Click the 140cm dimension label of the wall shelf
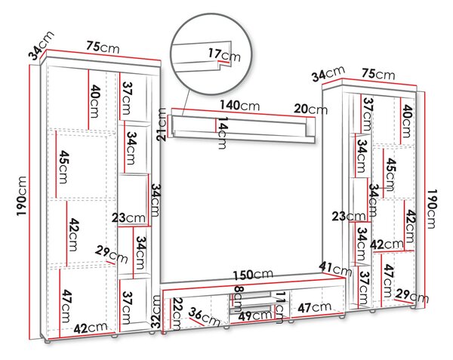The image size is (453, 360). [x=240, y=105]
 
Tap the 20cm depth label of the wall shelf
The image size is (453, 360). [x=311, y=109]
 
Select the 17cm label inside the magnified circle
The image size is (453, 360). [x=224, y=55]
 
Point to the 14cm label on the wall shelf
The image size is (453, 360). [x=222, y=133]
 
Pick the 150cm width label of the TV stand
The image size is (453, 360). [x=253, y=275]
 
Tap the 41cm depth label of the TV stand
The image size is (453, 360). [x=335, y=269]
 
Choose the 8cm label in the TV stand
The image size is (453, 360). [x=239, y=299]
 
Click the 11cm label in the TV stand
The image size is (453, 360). [x=279, y=307]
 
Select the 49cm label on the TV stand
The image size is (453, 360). [x=254, y=315]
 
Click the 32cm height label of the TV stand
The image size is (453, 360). [x=156, y=311]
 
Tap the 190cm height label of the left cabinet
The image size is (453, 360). [x=22, y=195]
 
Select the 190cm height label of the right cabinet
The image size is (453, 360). [x=431, y=209]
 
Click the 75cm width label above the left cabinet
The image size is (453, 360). [x=103, y=47]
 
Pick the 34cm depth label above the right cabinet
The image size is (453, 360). [x=328, y=73]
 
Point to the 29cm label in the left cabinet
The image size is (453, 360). [x=111, y=254]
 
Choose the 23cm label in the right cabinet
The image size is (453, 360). [x=349, y=217]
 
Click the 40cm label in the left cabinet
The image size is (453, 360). [x=94, y=101]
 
